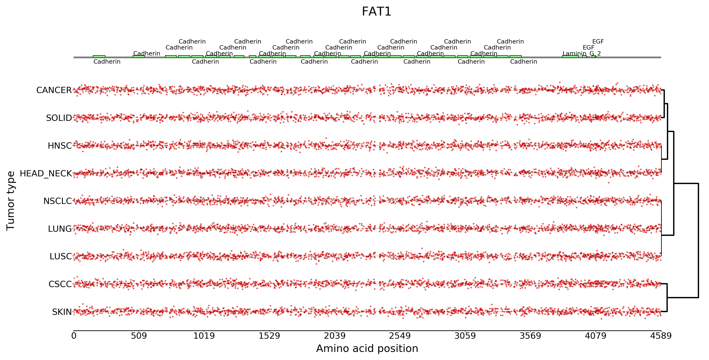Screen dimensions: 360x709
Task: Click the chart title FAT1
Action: coord(376,12)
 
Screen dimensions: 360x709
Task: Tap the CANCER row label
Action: coord(54,90)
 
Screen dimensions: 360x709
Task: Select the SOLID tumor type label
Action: coord(59,118)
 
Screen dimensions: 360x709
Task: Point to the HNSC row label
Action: coord(60,146)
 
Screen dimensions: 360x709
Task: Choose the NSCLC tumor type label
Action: coord(57,201)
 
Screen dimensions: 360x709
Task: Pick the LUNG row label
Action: coord(60,229)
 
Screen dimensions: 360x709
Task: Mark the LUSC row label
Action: coord(61,257)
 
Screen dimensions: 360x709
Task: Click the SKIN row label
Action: coord(62,312)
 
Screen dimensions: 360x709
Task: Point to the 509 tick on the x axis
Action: coord(139,336)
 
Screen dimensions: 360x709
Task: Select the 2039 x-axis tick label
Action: coord(334,336)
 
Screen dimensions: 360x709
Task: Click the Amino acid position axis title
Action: coord(367,349)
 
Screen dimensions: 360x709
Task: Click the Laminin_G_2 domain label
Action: coord(582,53)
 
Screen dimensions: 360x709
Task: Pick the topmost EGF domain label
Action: coord(598,42)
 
